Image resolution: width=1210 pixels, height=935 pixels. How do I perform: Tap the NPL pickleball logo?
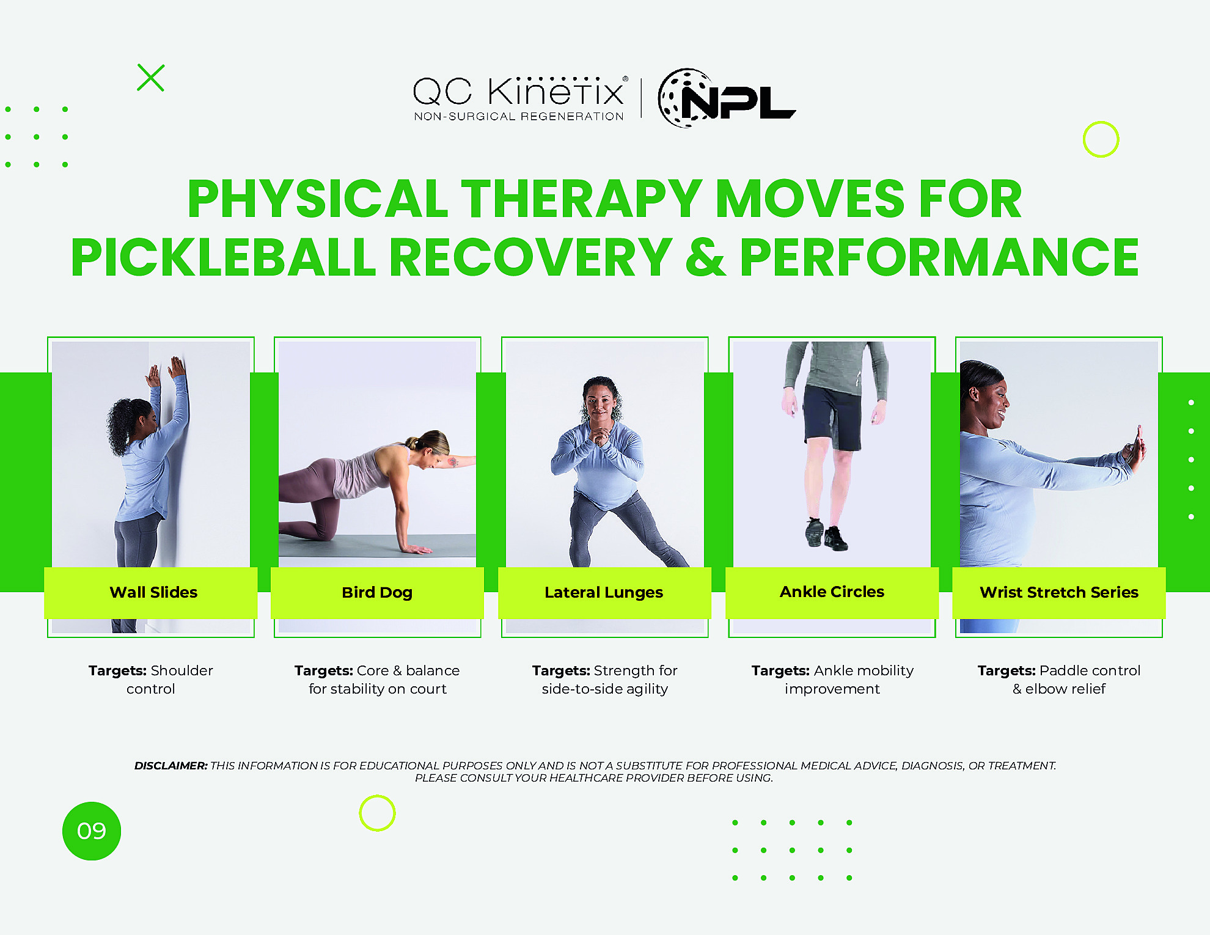726,98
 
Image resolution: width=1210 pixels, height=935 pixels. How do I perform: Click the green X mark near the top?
151,78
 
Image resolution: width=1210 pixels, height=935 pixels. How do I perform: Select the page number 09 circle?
92,831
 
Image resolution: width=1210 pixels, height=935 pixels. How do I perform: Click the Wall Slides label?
153,592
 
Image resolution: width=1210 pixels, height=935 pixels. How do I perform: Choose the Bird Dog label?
377,593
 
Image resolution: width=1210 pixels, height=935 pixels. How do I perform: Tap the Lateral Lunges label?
604,593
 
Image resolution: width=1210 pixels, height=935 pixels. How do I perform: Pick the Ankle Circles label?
832,592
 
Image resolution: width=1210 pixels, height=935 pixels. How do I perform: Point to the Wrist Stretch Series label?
1059,592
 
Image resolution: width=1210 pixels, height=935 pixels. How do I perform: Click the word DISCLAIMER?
171,766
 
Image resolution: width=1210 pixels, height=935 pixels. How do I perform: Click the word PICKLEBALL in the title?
223,257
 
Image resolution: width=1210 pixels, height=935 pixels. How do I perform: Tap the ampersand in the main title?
706,257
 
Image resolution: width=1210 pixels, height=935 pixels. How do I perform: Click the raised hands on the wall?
165,370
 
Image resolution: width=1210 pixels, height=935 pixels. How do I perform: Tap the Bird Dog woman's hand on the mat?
417,549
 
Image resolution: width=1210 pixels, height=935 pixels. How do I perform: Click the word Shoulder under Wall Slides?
182,670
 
